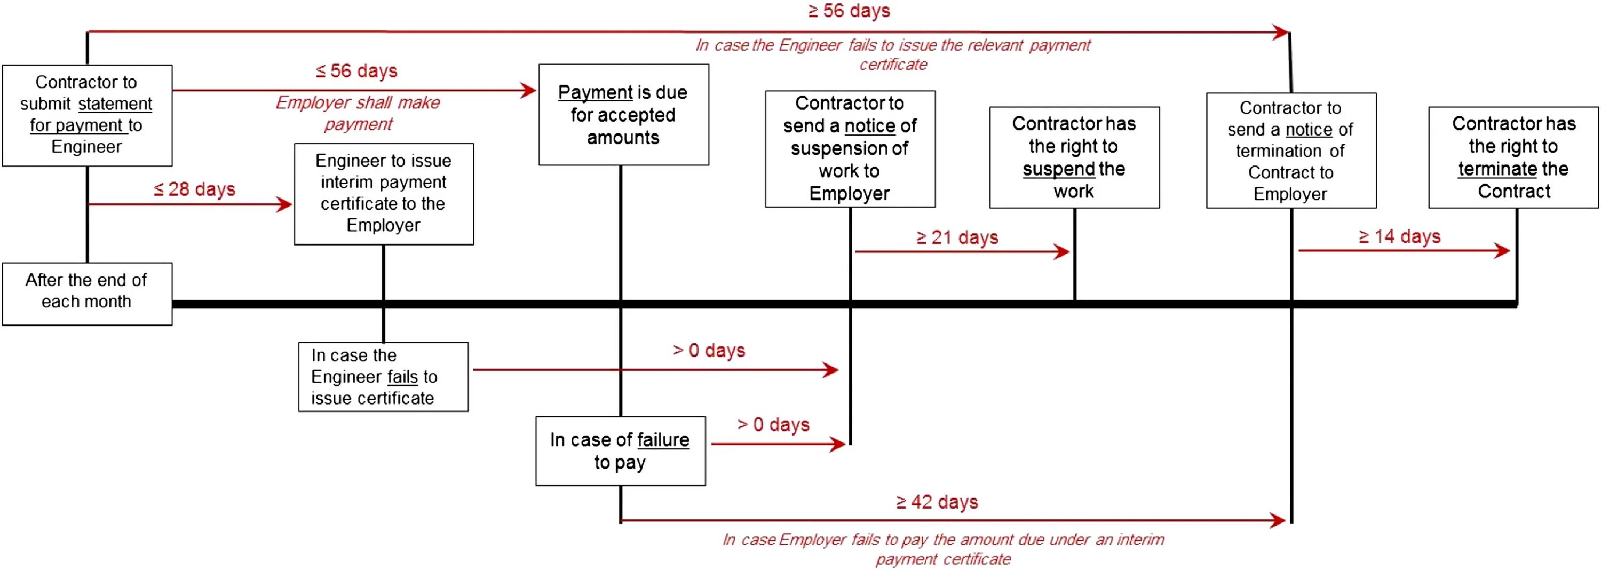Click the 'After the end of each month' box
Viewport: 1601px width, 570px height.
pyautogui.click(x=87, y=294)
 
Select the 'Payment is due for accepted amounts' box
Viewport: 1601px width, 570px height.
pyautogui.click(x=623, y=114)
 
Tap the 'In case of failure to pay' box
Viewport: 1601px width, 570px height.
pyautogui.click(x=620, y=450)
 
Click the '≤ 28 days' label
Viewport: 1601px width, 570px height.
pyautogui.click(x=195, y=189)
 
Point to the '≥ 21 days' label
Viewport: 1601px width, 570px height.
pyautogui.click(x=957, y=237)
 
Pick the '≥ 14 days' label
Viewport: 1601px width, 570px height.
pyautogui.click(x=1400, y=237)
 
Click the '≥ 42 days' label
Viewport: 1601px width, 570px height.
pyautogui.click(x=937, y=502)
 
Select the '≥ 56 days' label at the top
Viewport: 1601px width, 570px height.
pyautogui.click(x=849, y=11)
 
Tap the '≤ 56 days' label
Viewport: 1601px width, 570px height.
pyautogui.click(x=356, y=71)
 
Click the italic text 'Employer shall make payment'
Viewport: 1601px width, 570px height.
pyautogui.click(x=358, y=113)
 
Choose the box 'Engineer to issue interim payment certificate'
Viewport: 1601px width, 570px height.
pyautogui.click(x=384, y=193)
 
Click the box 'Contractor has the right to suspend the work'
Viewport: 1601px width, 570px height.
pyautogui.click(x=1074, y=157)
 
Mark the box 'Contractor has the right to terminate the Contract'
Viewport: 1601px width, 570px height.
pyautogui.click(x=1513, y=157)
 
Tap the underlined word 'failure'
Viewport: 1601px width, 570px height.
pyautogui.click(x=663, y=440)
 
